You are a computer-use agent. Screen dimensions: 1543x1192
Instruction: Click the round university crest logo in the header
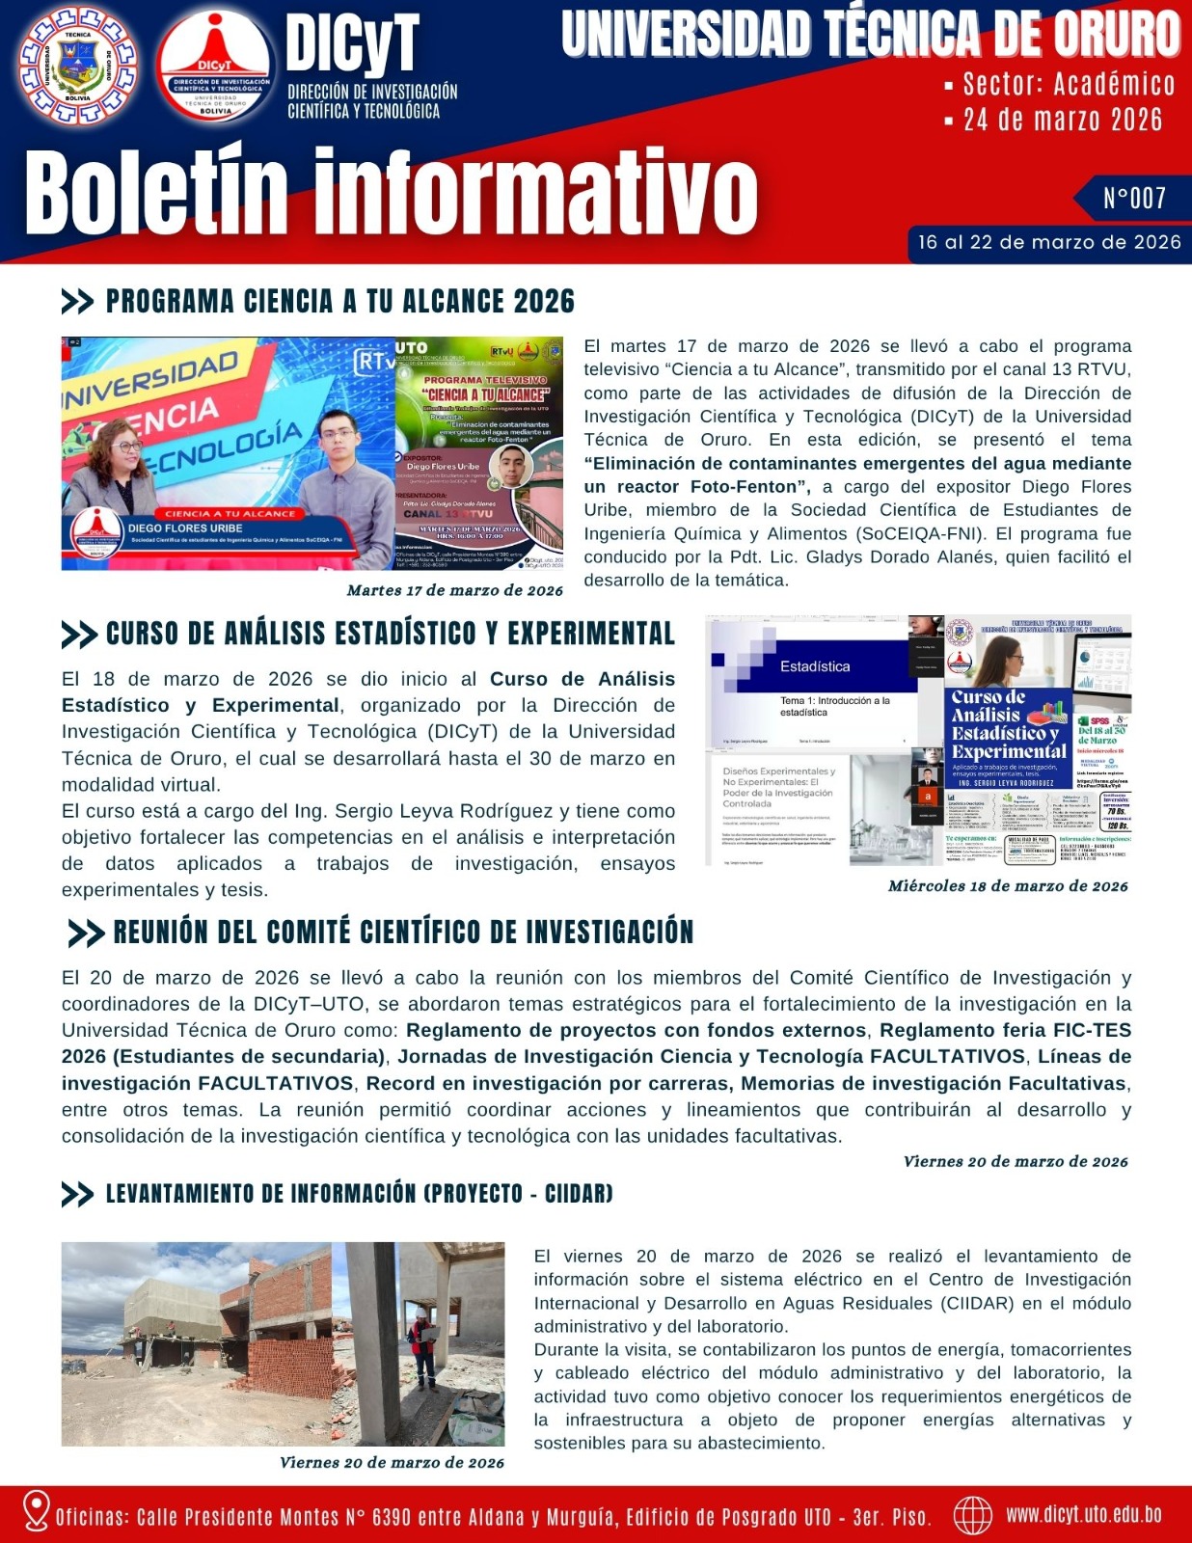click(77, 66)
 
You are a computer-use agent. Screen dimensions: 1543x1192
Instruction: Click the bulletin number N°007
click(1134, 199)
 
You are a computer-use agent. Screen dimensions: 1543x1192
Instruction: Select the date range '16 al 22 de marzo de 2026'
click(1049, 243)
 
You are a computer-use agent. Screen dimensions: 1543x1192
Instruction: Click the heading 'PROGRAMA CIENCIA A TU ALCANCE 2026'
click(339, 302)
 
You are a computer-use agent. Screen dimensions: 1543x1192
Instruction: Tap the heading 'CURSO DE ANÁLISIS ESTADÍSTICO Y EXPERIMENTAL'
click(390, 634)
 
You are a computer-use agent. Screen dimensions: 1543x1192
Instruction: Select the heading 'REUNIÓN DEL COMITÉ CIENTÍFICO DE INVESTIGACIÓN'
click(403, 933)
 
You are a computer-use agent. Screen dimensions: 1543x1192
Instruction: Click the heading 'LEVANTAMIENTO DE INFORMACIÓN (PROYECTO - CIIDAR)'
click(359, 1194)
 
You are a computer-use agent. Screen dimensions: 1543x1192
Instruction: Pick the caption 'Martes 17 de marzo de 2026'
click(454, 590)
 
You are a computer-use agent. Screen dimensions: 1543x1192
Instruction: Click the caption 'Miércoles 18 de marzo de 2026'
click(1007, 885)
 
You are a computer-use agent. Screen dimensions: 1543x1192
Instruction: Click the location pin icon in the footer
click(36, 1511)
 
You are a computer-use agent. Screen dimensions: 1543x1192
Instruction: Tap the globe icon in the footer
click(972, 1515)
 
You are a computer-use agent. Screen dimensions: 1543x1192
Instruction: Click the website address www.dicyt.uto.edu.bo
click(1083, 1514)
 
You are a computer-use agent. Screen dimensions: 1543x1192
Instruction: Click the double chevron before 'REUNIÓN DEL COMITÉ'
click(86, 934)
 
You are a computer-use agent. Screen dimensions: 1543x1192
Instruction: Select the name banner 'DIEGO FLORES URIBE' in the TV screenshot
click(185, 528)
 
